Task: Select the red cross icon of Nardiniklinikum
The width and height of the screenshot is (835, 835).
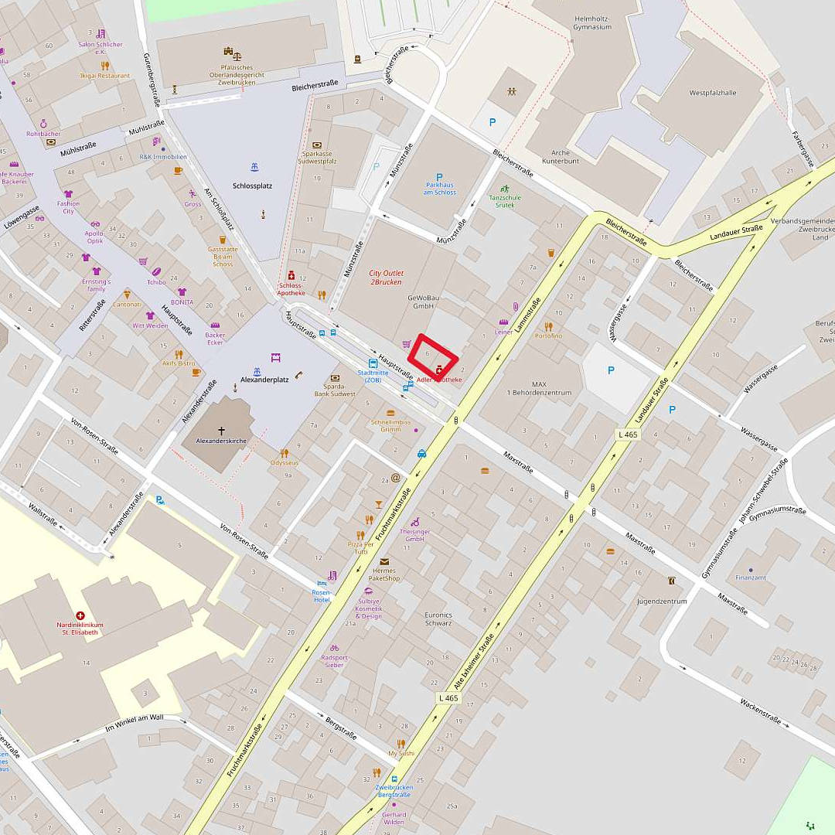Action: click(80, 615)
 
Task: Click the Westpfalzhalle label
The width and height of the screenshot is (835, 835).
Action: click(713, 93)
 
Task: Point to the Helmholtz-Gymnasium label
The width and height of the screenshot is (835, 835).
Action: click(592, 22)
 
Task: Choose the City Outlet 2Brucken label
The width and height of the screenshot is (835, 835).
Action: click(386, 278)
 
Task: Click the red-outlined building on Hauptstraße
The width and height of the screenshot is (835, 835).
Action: click(433, 356)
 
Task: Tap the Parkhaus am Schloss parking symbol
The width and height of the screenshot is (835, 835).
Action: click(439, 177)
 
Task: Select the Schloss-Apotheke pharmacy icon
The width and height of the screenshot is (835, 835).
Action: click(291, 275)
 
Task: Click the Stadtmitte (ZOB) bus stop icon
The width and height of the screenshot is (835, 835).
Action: click(373, 363)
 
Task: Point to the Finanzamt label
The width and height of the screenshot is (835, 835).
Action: click(750, 577)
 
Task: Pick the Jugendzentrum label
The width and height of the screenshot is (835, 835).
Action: click(662, 601)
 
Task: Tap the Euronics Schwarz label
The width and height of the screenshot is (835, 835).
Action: click(438, 619)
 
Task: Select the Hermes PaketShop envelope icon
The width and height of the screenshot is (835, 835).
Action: click(383, 561)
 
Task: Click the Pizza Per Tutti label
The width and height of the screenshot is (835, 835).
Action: click(361, 549)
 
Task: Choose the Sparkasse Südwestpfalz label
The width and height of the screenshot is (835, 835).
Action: click(317, 158)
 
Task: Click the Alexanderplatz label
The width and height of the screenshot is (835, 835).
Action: click(264, 380)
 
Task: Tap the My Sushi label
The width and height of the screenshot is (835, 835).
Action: click(401, 753)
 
